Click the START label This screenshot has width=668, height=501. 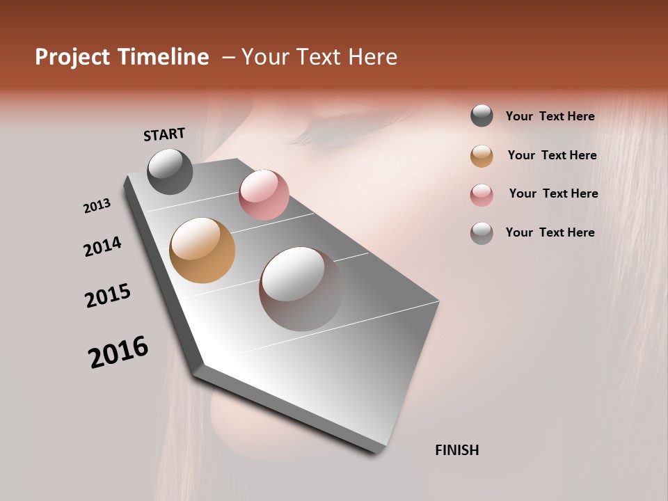[x=164, y=134]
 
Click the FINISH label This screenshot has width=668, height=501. [x=456, y=450]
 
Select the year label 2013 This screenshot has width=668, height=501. [x=97, y=206]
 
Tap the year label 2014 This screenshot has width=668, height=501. [x=102, y=247]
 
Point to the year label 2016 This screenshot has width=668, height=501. [x=118, y=352]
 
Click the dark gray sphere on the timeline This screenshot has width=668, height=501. [x=170, y=171]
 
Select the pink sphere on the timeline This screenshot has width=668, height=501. [x=264, y=195]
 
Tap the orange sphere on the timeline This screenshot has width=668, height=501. [x=202, y=250]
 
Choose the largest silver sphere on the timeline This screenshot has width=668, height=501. [x=301, y=288]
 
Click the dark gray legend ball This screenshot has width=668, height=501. [x=482, y=116]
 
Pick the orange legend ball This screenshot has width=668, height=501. [x=482, y=156]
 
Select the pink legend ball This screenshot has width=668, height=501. [x=482, y=195]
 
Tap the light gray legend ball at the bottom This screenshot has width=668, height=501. [x=482, y=233]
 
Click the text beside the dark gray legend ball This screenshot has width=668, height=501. [x=550, y=116]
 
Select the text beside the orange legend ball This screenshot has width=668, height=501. [x=552, y=155]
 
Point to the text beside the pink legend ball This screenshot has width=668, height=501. [x=553, y=193]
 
